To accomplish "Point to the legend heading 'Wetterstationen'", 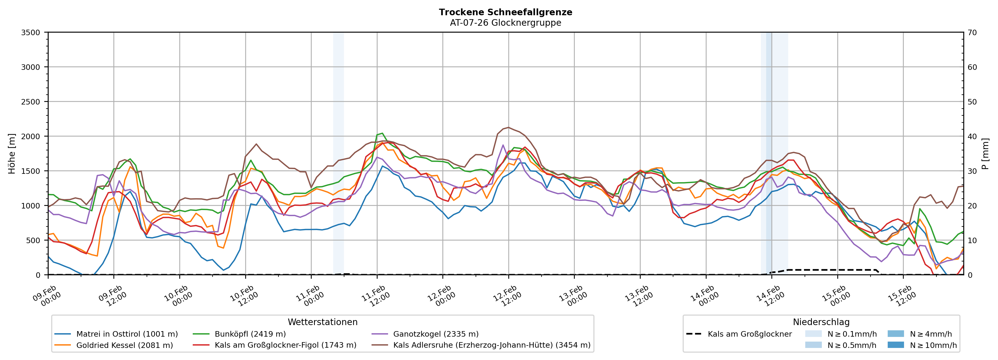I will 322,322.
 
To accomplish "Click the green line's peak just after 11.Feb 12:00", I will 382,133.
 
